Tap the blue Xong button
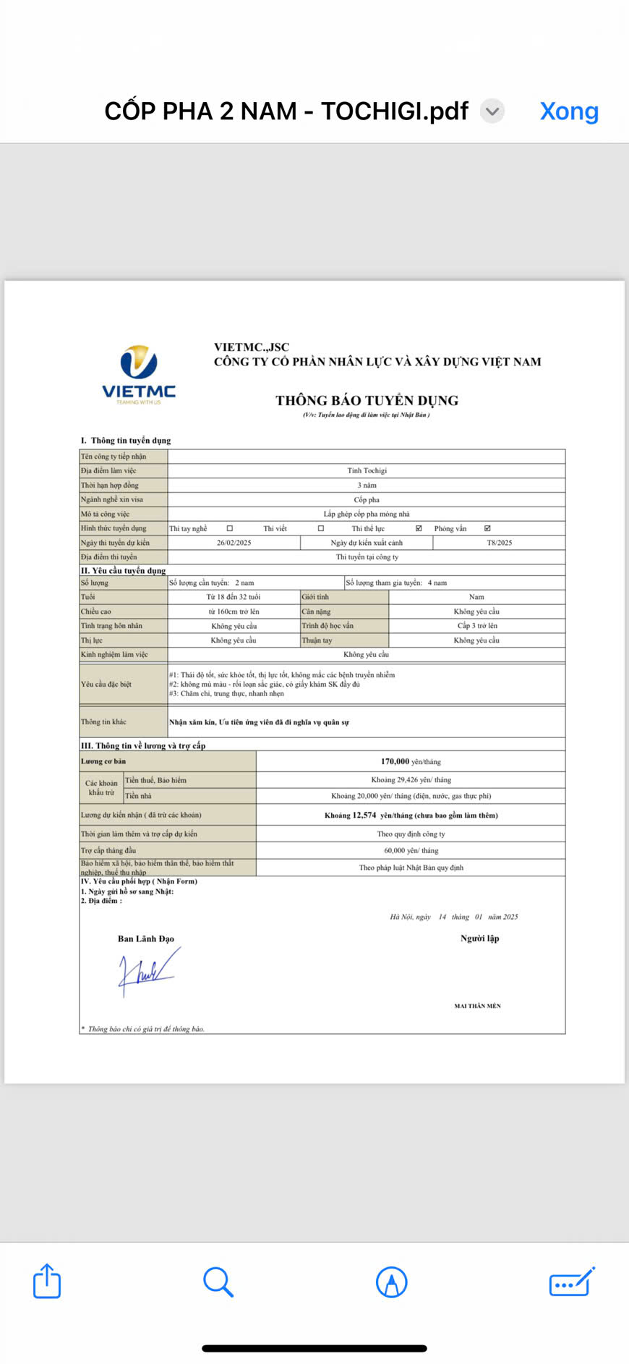[569, 111]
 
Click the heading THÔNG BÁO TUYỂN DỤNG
[367, 400]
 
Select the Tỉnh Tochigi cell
[367, 470]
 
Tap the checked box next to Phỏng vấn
[487, 528]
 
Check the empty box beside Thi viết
[321, 528]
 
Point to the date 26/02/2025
[234, 543]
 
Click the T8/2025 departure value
[499, 543]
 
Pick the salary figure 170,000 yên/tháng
[410, 761]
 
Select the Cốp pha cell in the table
[367, 499]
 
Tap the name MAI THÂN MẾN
[477, 1006]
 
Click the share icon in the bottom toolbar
[47, 1282]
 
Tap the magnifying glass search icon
[218, 1282]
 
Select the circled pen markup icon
[391, 1282]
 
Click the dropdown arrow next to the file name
[492, 111]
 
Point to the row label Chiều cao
[96, 611]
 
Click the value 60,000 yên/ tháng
[411, 850]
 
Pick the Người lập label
[479, 939]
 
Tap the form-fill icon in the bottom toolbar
[572, 1282]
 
